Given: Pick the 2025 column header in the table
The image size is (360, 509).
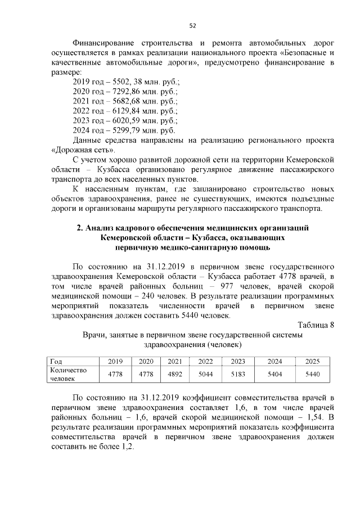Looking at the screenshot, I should tap(312, 362).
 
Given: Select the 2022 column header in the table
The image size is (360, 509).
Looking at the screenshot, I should tap(206, 362).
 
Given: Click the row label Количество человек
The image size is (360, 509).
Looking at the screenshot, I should tap(68, 374).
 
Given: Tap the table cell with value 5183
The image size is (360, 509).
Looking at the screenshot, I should tap(238, 374).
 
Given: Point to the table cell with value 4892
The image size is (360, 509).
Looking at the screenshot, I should tap(175, 374).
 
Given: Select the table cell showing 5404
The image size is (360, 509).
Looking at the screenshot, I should tap(274, 374).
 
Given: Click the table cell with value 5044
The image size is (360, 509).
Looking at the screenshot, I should tap(206, 374).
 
